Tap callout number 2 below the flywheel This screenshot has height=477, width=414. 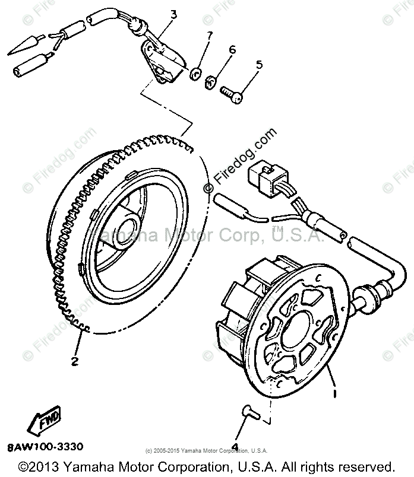point(75,361)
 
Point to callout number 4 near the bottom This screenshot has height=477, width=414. point(235,447)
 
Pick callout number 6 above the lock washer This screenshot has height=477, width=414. point(231,50)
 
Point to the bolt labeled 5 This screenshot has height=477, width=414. point(232,94)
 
